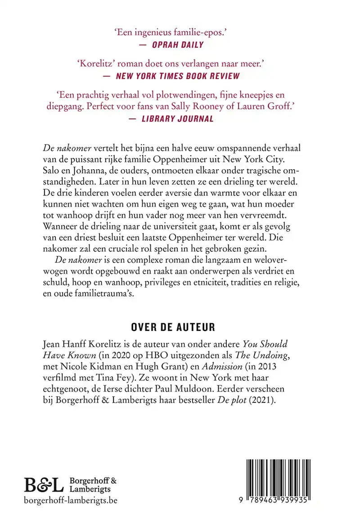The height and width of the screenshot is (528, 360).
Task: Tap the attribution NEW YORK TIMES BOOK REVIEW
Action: tap(178, 76)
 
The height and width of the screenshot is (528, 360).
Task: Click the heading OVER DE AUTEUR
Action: tap(180, 326)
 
